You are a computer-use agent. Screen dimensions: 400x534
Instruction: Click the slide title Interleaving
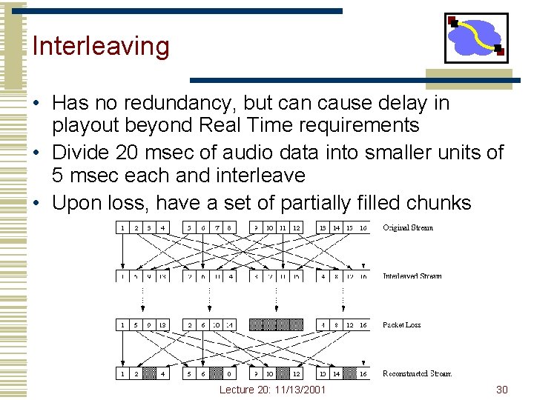coord(101,46)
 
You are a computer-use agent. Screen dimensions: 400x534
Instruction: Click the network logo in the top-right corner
coord(476,38)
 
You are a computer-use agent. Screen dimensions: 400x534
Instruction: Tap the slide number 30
coord(502,390)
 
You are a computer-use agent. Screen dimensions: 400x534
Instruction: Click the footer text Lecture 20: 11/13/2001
coord(272,390)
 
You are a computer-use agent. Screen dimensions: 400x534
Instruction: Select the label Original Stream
coord(408,227)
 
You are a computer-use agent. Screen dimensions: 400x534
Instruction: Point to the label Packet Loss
coord(403,324)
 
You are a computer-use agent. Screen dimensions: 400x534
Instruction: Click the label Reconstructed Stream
coord(417,373)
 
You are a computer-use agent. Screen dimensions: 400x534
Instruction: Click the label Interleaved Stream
coord(412,276)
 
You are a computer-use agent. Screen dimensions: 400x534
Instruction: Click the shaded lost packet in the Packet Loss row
coord(276,324)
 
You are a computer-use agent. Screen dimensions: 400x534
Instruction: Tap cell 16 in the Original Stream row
coord(363,227)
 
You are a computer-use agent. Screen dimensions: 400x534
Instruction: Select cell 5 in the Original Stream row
coord(189,227)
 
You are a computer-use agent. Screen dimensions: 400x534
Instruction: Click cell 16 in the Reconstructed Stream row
coord(363,374)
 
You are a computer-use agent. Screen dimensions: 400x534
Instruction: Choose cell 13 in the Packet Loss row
coord(162,324)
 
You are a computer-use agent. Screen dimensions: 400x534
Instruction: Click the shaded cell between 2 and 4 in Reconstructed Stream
coord(149,374)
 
